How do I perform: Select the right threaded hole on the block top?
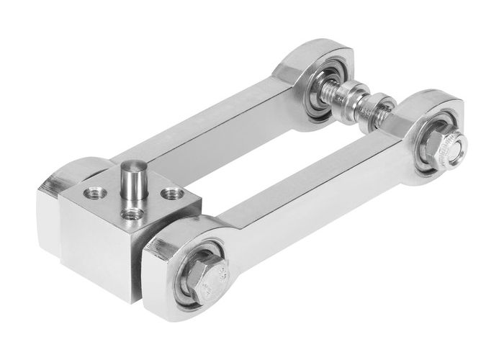click(x=171, y=193)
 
